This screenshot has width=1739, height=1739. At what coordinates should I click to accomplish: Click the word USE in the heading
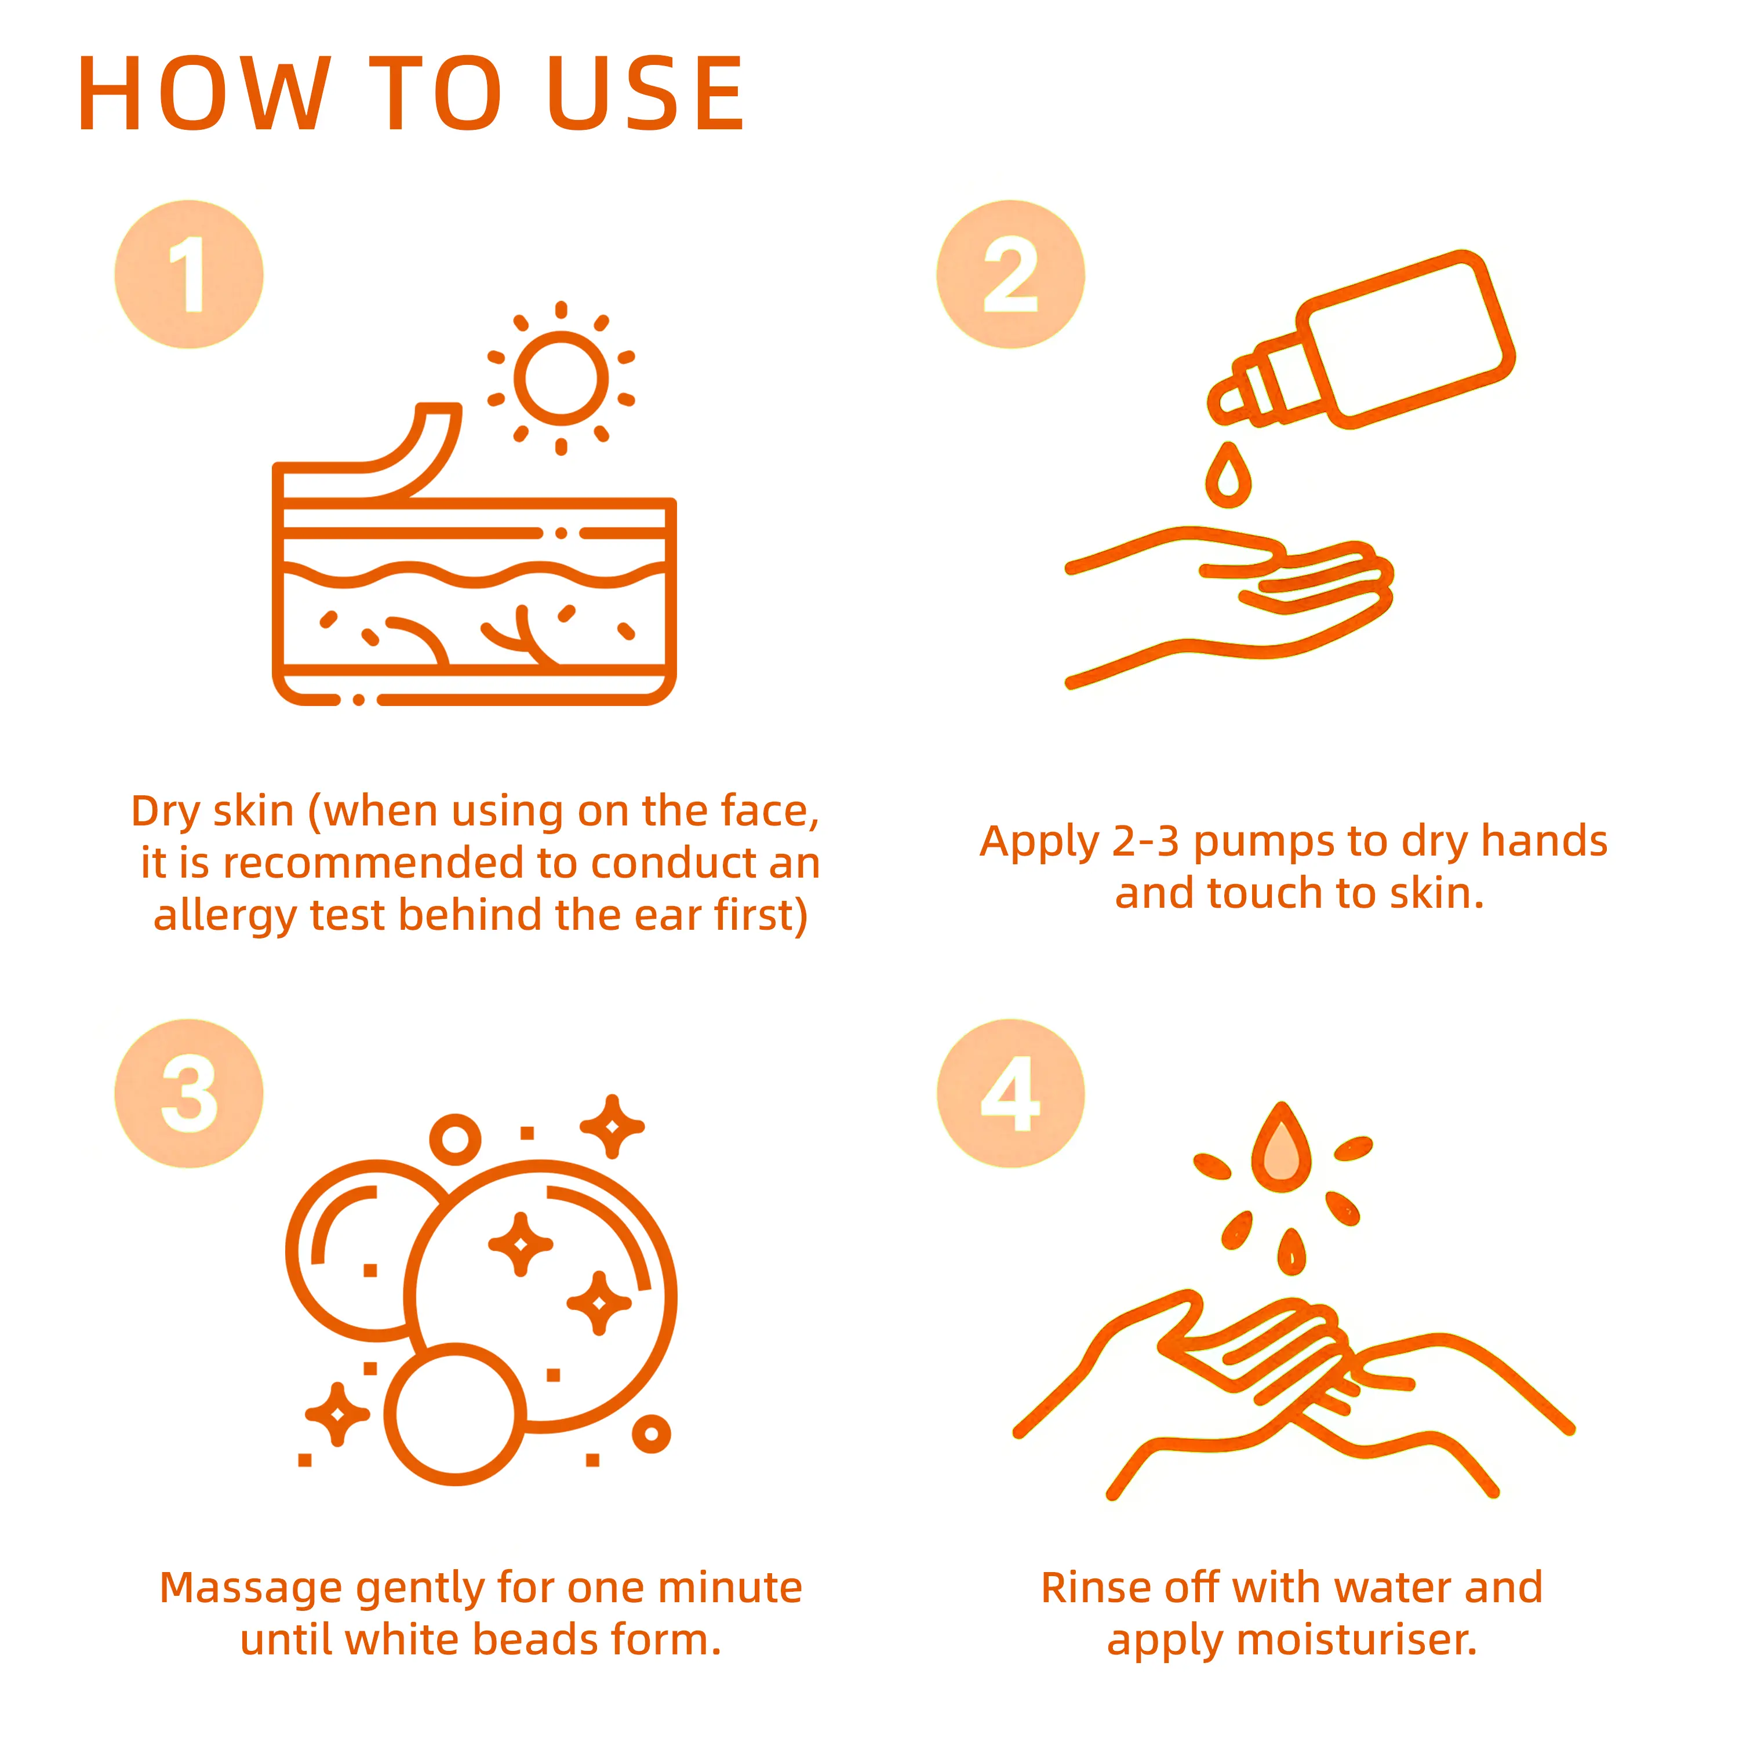tap(646, 93)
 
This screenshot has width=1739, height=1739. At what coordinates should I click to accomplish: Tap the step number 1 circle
tap(189, 275)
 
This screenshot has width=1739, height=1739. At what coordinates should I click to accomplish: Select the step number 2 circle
tap(1011, 275)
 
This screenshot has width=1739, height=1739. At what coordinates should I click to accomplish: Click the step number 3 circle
tap(189, 1094)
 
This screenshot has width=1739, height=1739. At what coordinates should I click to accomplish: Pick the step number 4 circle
tap(1011, 1094)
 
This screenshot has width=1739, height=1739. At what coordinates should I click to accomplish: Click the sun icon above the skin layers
tap(561, 378)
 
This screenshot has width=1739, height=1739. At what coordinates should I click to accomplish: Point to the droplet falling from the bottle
tap(1228, 475)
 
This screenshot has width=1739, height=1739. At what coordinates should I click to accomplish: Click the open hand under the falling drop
tap(1229, 605)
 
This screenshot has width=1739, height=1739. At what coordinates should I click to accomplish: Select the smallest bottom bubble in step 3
tap(456, 1414)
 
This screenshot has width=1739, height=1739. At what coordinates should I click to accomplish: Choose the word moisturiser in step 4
tap(1358, 1640)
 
